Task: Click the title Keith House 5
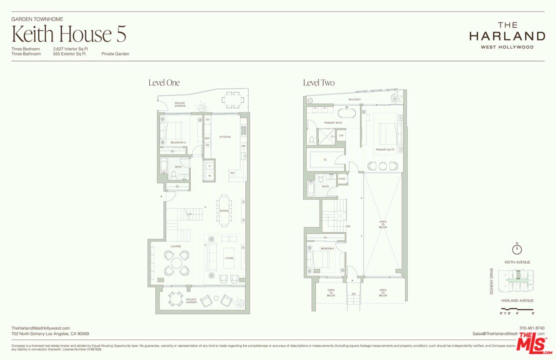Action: click(68, 34)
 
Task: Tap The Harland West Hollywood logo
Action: click(507, 35)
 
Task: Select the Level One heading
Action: click(164, 82)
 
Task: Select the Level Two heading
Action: click(319, 82)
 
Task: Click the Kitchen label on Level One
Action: click(225, 136)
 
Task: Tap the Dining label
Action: click(224, 210)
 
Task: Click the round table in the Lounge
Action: click(176, 262)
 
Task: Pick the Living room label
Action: click(229, 258)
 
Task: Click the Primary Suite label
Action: click(385, 149)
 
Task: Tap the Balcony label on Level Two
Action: click(355, 99)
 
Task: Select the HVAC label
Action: click(342, 178)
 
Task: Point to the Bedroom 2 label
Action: click(327, 248)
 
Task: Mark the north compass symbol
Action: click(517, 249)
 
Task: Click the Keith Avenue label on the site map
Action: click(517, 262)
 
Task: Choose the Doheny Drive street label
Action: click(492, 281)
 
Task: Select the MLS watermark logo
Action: click(535, 343)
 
